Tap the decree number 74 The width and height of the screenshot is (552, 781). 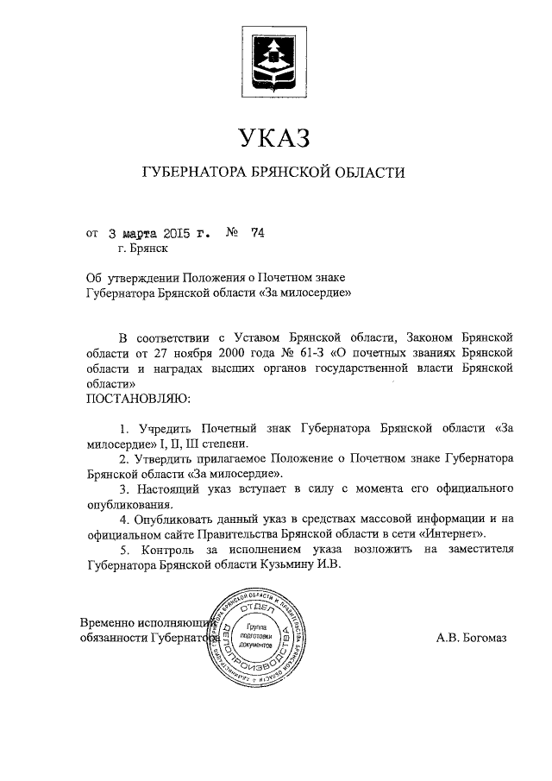256,233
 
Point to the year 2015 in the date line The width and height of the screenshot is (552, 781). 172,233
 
